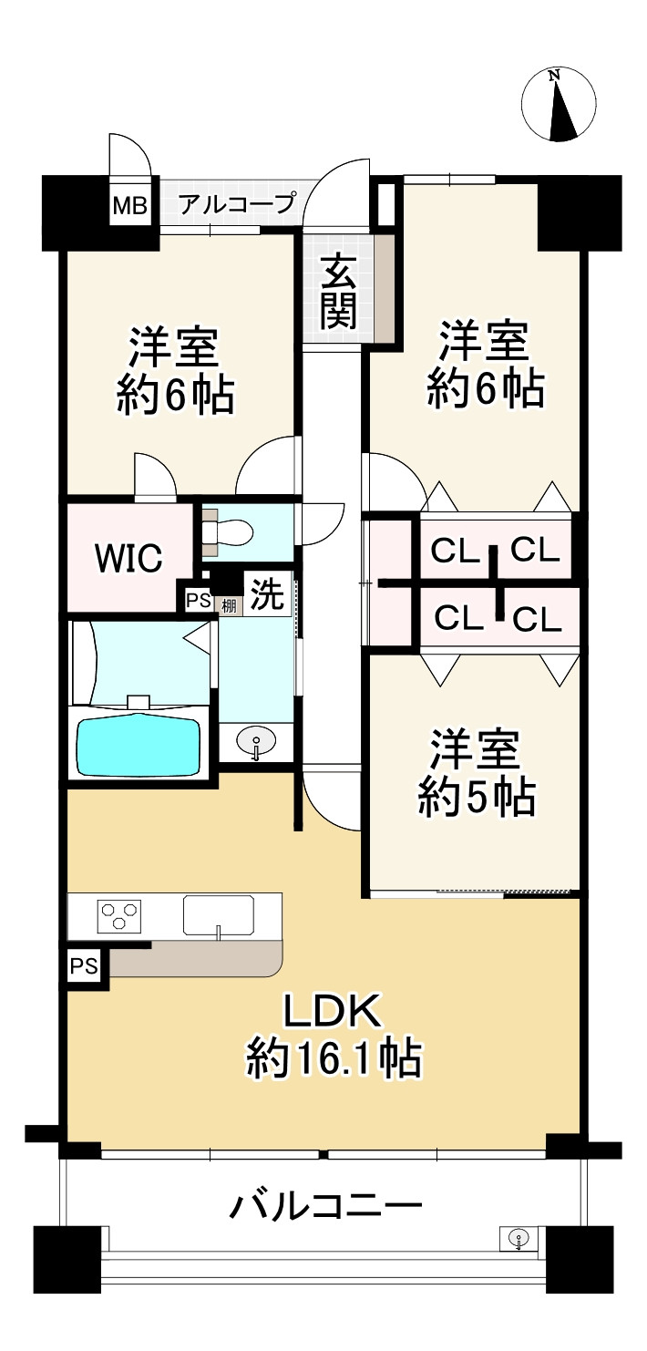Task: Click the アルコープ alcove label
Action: (x=237, y=203)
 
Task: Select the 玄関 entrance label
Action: (x=338, y=291)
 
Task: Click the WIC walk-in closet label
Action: (x=129, y=557)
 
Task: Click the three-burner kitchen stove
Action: (x=120, y=915)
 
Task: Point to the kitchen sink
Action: (x=219, y=914)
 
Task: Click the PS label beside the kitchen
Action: (x=85, y=967)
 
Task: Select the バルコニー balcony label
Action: (x=325, y=1208)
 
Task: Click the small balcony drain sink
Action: (x=519, y=1238)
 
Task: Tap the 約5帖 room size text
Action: (x=477, y=799)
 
